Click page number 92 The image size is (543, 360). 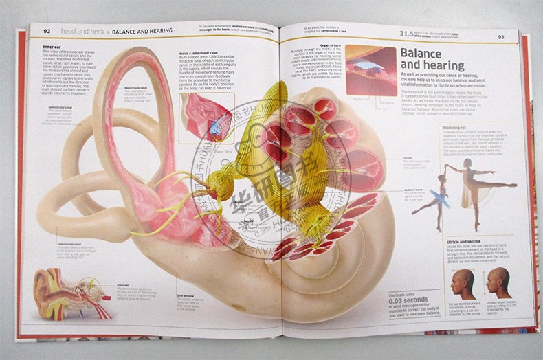[x=47, y=30]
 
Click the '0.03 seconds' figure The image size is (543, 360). [x=410, y=300]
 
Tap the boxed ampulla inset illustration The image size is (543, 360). [x=206, y=118]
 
